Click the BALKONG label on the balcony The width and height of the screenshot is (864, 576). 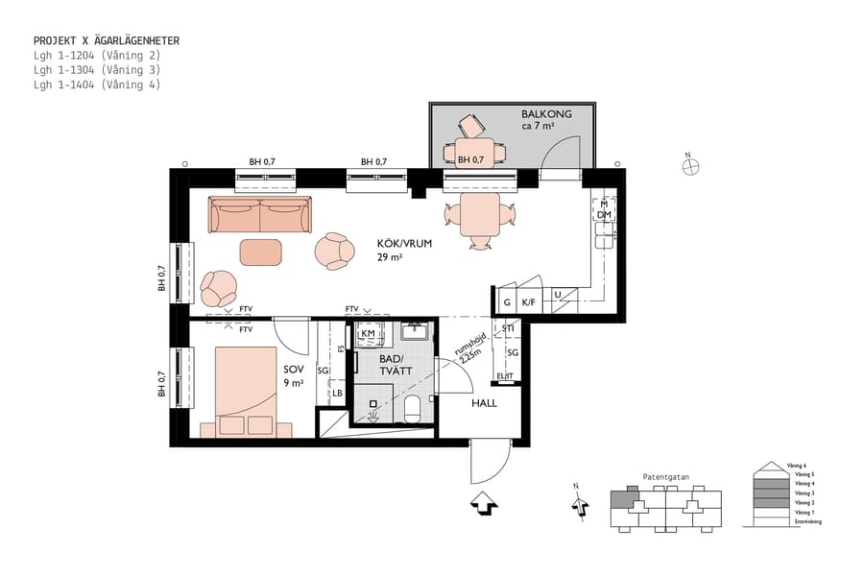click(546, 114)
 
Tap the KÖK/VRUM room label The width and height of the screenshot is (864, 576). click(404, 244)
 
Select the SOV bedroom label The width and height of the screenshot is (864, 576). click(293, 369)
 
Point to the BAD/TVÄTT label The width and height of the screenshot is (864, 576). click(395, 364)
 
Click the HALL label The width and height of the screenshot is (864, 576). click(484, 403)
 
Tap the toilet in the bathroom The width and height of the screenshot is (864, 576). click(412, 409)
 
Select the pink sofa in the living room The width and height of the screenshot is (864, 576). click(260, 215)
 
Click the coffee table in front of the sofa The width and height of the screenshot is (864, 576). click(261, 252)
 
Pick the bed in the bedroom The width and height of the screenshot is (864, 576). click(246, 391)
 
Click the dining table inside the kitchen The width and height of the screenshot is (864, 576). click(481, 215)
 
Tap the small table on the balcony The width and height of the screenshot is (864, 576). click(469, 152)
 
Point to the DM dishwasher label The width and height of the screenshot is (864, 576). click(604, 215)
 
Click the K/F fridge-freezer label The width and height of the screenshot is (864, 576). click(528, 302)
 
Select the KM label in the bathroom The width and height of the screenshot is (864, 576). click(368, 333)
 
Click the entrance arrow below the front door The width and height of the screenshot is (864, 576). click(484, 503)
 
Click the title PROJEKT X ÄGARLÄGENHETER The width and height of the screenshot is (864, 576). click(107, 41)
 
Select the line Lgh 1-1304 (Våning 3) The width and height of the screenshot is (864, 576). click(97, 70)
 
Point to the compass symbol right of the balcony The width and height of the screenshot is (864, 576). click(689, 165)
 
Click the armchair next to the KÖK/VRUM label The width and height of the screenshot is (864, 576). click(335, 251)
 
